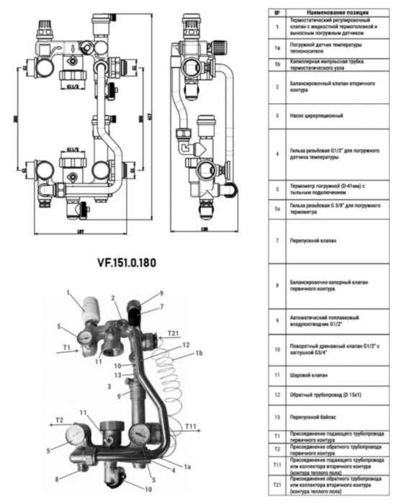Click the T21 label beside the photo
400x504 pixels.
(x=174, y=333)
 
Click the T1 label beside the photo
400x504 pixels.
(x=67, y=346)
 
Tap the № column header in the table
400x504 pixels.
(x=277, y=13)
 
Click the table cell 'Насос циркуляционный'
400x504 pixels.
(x=311, y=115)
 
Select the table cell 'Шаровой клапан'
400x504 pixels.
(x=306, y=375)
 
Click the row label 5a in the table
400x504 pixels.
(x=277, y=209)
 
